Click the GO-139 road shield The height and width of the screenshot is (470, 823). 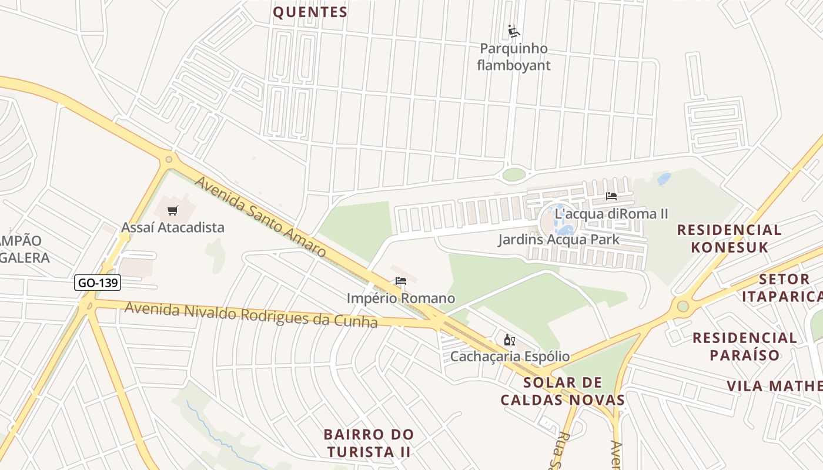(98, 283)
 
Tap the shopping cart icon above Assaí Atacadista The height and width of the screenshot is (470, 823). (172, 210)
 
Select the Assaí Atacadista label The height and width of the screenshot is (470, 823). (173, 227)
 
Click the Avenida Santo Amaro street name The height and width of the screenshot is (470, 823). (260, 217)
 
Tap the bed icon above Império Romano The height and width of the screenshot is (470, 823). (401, 281)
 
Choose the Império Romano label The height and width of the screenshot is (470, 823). (401, 298)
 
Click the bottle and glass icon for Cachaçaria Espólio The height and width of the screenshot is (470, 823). (510, 340)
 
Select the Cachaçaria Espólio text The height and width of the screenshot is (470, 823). (510, 356)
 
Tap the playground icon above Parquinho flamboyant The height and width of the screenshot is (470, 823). (514, 31)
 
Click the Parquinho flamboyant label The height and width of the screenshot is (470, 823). (514, 56)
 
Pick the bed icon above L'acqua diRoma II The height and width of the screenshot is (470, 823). (611, 196)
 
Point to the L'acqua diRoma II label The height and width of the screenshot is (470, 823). (611, 213)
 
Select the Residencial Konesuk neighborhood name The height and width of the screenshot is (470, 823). (730, 238)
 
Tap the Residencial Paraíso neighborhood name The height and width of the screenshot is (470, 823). (744, 346)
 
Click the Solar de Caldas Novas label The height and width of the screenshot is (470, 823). (563, 391)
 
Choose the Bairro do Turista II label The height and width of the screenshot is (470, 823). (369, 443)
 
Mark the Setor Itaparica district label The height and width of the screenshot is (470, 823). (782, 287)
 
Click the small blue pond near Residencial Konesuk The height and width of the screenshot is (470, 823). (664, 179)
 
